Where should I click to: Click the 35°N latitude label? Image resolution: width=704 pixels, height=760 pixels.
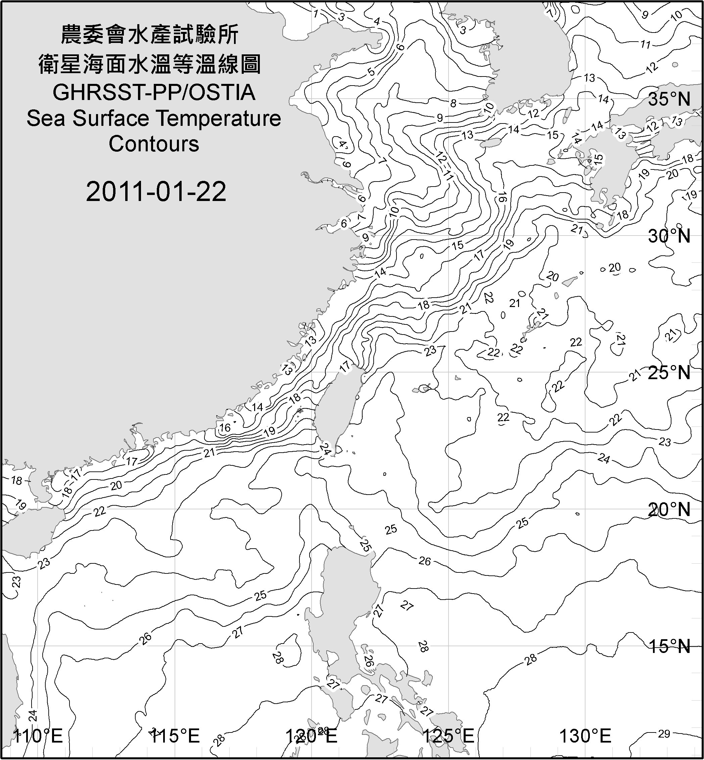click(x=669, y=99)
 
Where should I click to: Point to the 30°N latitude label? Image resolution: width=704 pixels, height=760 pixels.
click(x=669, y=236)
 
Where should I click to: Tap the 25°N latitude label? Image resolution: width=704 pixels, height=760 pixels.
click(x=669, y=372)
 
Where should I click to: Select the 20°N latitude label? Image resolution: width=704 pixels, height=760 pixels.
click(x=669, y=509)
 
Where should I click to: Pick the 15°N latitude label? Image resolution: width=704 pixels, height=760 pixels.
click(x=669, y=646)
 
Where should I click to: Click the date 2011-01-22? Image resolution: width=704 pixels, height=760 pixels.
click(x=156, y=191)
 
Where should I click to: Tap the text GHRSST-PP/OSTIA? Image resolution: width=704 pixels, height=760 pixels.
click(x=154, y=93)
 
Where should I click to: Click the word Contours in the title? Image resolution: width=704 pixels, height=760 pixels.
click(x=154, y=144)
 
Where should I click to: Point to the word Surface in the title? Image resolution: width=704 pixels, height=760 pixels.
click(x=113, y=118)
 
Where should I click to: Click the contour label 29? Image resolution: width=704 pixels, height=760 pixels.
click(x=664, y=734)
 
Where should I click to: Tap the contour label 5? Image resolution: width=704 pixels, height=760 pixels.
click(x=371, y=71)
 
